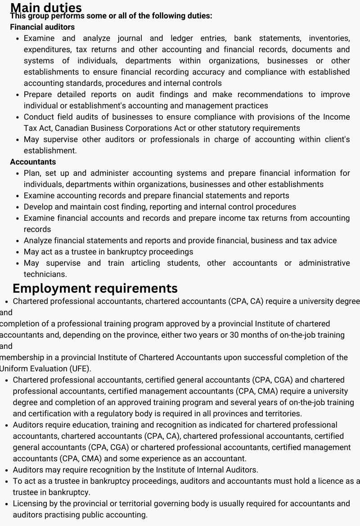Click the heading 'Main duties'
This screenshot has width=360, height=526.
pyautogui.click(x=46, y=7)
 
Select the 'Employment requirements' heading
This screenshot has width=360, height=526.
pyautogui.click(x=95, y=288)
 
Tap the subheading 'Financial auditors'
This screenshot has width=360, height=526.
pyautogui.click(x=42, y=27)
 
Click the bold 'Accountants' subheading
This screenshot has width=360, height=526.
pyautogui.click(x=33, y=162)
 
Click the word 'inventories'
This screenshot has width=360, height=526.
pyautogui.click(x=329, y=38)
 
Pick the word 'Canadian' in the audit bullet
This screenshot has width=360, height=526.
pyautogui.click(x=74, y=128)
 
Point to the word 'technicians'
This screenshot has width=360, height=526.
pyautogui.click(x=45, y=274)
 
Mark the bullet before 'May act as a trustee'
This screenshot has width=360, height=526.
pyautogui.click(x=17, y=252)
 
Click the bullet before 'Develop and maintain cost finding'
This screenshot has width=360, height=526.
pyautogui.click(x=17, y=207)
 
